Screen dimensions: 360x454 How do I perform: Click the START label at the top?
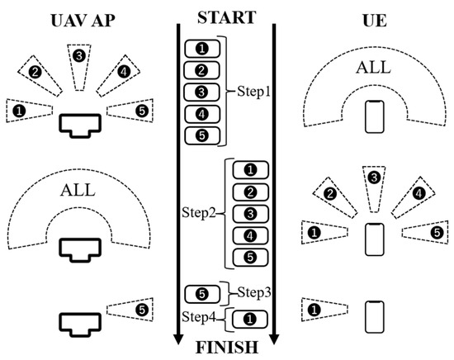pyautogui.click(x=226, y=16)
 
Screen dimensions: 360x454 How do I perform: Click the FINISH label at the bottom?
pyautogui.click(x=226, y=346)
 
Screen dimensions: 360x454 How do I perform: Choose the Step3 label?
pyautogui.click(x=254, y=292)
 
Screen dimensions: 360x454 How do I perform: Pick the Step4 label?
pyautogui.click(x=201, y=316)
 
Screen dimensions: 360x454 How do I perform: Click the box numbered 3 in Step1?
pyautogui.click(x=202, y=92)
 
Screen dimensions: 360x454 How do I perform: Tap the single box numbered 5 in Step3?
pyautogui.click(x=202, y=293)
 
